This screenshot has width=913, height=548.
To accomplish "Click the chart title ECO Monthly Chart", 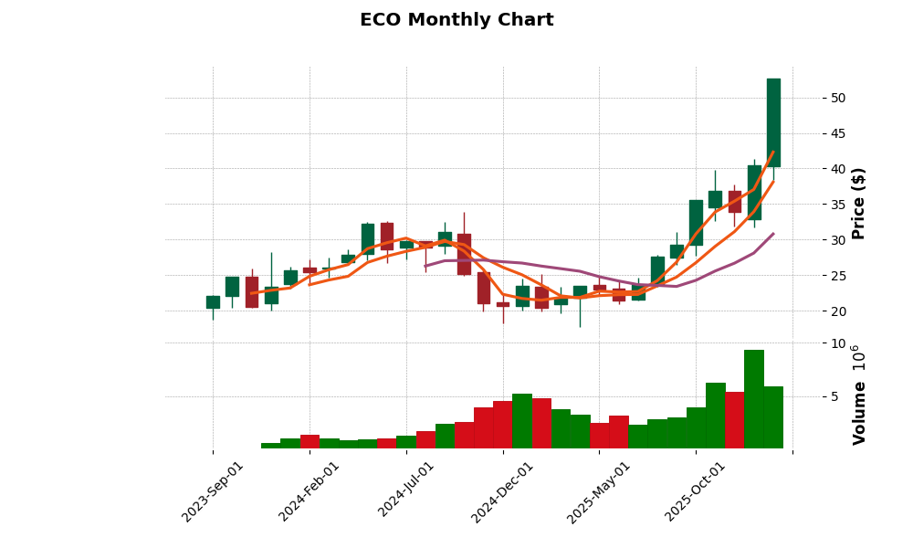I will pyautogui.click(x=456, y=20).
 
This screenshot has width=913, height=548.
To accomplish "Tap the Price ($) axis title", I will pyautogui.click(x=858, y=203).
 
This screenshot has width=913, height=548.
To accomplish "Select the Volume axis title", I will pyautogui.click(x=858, y=395).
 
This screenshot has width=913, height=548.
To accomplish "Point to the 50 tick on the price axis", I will pyautogui.click(x=837, y=99).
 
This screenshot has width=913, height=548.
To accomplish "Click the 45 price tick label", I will pyautogui.click(x=837, y=133).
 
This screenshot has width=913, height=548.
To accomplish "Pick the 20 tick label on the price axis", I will pyautogui.click(x=837, y=311).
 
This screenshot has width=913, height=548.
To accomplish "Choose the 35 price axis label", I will pyautogui.click(x=837, y=205).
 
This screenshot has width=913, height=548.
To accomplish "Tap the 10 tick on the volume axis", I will pyautogui.click(x=836, y=343).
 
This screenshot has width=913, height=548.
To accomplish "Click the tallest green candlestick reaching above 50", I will pyautogui.click(x=773, y=122).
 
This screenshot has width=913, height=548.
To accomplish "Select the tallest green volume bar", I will pyautogui.click(x=754, y=399).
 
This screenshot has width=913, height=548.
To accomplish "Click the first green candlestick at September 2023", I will pyautogui.click(x=213, y=302).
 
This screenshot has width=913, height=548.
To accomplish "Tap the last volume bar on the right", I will pyautogui.click(x=773, y=417).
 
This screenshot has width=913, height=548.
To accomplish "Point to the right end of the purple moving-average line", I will pyautogui.click(x=773, y=234).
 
